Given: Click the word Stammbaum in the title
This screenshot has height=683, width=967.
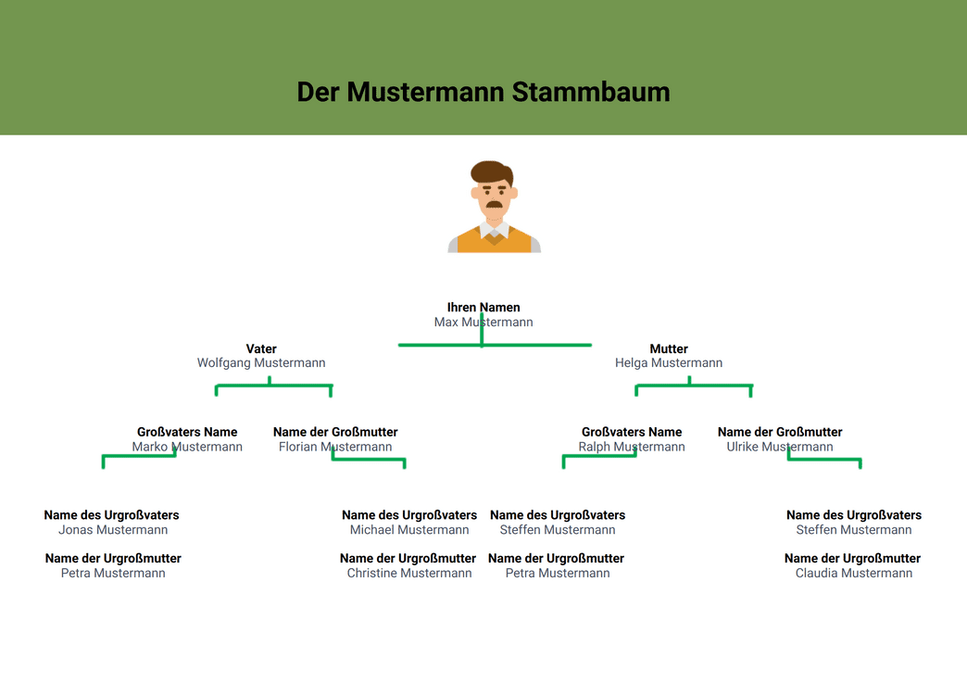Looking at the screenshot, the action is (x=590, y=92).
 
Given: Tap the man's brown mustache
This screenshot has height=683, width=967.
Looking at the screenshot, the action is (x=494, y=204).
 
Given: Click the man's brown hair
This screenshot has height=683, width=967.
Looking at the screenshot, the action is (x=492, y=171).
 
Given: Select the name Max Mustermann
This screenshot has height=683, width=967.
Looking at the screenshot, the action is (x=483, y=323).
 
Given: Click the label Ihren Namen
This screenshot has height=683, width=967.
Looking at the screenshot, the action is (x=483, y=308).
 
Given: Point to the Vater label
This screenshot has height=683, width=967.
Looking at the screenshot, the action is (x=261, y=348).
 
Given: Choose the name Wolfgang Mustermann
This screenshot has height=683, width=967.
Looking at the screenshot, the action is (x=261, y=362).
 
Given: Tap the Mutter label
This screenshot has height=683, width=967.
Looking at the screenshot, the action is (x=669, y=348).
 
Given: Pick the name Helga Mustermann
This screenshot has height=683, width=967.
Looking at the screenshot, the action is (x=669, y=362).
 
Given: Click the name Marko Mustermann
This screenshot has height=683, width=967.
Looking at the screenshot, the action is (x=187, y=447).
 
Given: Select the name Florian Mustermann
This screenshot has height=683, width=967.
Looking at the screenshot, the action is (x=335, y=447).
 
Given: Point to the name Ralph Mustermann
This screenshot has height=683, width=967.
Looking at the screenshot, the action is (x=632, y=447).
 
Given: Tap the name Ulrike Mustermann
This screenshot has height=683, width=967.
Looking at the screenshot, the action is (x=780, y=447).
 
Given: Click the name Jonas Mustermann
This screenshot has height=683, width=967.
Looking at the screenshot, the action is (x=113, y=530).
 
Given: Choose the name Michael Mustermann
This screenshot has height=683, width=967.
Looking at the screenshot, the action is (x=409, y=530).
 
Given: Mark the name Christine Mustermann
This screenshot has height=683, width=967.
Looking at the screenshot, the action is (x=409, y=573).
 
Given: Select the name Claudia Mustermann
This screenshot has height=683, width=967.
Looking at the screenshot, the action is (x=853, y=573).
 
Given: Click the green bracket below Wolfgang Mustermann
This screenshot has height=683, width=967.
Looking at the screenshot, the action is (x=274, y=386).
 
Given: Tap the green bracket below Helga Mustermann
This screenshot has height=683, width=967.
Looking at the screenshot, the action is (x=693, y=386).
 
